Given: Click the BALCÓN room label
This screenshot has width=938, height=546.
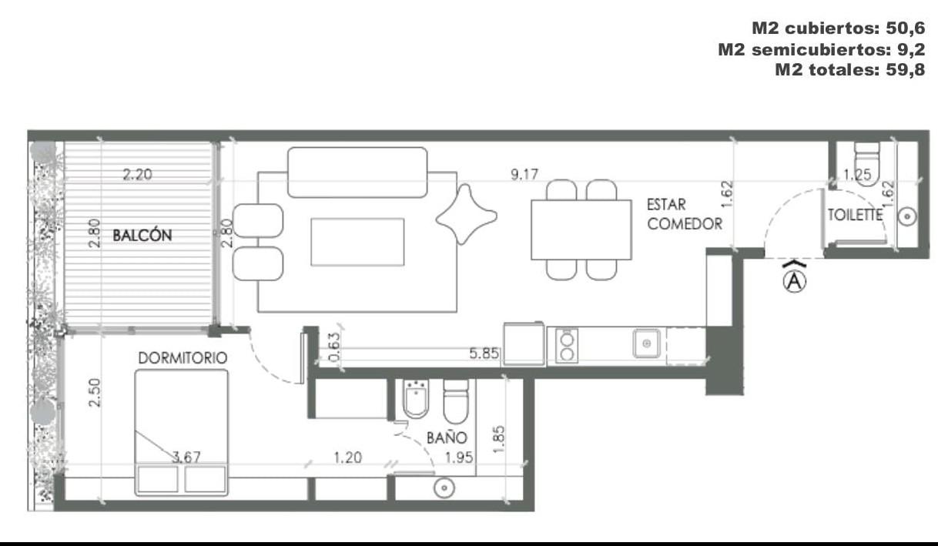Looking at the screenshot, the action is (142, 235).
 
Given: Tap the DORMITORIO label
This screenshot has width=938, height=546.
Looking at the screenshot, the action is (183, 357).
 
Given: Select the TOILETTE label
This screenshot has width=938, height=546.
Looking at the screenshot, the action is (855, 215).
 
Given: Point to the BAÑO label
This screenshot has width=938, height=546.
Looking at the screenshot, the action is (447, 437).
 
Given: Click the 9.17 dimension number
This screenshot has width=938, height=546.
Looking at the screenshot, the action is (524, 174).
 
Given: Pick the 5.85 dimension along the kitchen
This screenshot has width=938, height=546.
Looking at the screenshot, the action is (484, 353).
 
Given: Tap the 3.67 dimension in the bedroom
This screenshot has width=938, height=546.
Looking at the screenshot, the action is (186, 457).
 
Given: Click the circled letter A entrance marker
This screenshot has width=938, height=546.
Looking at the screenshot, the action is (794, 281).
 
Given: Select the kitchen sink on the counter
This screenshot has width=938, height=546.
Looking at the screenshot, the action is (647, 343).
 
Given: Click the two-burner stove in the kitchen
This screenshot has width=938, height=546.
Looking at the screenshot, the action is (567, 346).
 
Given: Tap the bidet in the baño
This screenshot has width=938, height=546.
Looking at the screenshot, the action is (415, 398).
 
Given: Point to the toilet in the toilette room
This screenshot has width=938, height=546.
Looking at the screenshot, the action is (866, 164).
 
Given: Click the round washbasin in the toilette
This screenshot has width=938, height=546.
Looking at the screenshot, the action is (907, 216).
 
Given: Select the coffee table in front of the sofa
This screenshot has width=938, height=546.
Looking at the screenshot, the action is (357, 242).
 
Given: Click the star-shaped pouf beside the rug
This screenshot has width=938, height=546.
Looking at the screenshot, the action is (467, 214).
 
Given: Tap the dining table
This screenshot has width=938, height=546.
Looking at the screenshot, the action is (581, 229).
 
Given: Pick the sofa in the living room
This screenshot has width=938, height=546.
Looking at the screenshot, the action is (357, 172).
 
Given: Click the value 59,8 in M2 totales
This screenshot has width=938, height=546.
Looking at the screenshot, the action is (906, 69).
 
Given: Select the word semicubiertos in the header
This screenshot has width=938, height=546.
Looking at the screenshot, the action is (821, 49).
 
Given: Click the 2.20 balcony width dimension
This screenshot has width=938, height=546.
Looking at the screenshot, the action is (137, 174).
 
